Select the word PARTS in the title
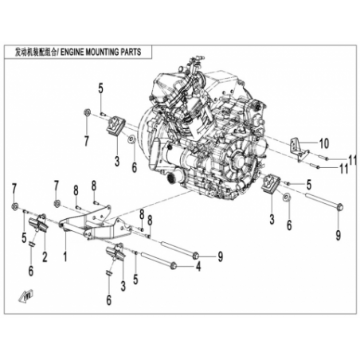pyautogui.click(x=131, y=52)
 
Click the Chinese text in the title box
pyautogui.click(x=36, y=53)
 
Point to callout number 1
pyautogui.click(x=65, y=256)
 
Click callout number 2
pyautogui.click(x=45, y=256)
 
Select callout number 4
pyautogui.click(x=198, y=266)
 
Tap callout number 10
pyautogui.click(x=323, y=143)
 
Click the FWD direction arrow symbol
pyautogui.click(x=25, y=295)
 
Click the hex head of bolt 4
pyautogui.click(x=174, y=265)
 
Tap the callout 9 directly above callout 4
pyautogui.click(x=220, y=256)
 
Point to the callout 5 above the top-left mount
pyautogui.click(x=100, y=88)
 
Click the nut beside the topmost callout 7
pyautogui.click(x=87, y=112)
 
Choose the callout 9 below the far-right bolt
pyautogui.click(x=338, y=235)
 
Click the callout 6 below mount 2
pyautogui.click(x=31, y=271)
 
